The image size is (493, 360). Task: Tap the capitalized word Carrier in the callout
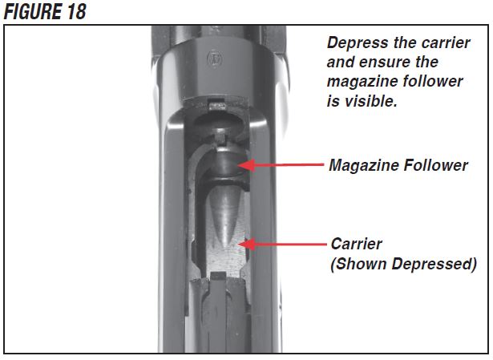356,243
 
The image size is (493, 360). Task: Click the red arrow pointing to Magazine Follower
281,165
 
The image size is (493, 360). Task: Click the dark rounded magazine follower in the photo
224,165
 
